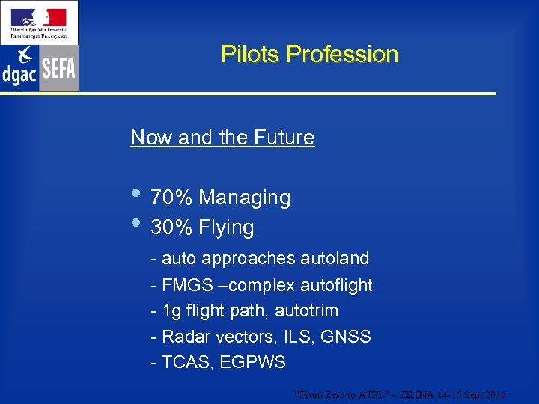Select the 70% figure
pos(172,198)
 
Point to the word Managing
pos(245,198)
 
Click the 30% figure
pos(172,227)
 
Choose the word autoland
pos(335,259)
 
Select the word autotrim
pos(306,311)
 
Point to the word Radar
pos(185,337)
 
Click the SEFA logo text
pos(58,70)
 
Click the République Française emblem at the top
pos(38,21)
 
